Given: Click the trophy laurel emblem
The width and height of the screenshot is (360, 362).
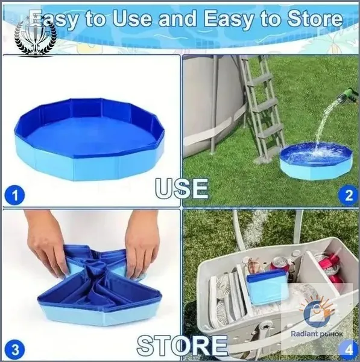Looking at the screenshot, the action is tap(36, 35).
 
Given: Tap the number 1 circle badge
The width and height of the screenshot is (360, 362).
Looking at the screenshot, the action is tap(14, 195).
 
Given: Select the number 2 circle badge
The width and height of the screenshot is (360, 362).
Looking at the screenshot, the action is tap(349, 195).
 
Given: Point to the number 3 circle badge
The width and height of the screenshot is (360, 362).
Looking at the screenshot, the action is tap(14, 349).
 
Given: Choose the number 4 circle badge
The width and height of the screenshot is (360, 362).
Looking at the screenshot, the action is tap(349, 350).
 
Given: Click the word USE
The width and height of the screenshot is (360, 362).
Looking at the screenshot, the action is tap(182, 189).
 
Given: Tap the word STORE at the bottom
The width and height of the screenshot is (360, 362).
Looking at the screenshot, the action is tap(182, 345).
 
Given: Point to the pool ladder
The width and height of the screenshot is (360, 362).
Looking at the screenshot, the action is tap(262, 108).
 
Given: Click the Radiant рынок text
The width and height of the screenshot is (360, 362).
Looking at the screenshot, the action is tap(317, 334).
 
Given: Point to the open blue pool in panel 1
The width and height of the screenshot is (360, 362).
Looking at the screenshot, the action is tap(89, 139).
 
